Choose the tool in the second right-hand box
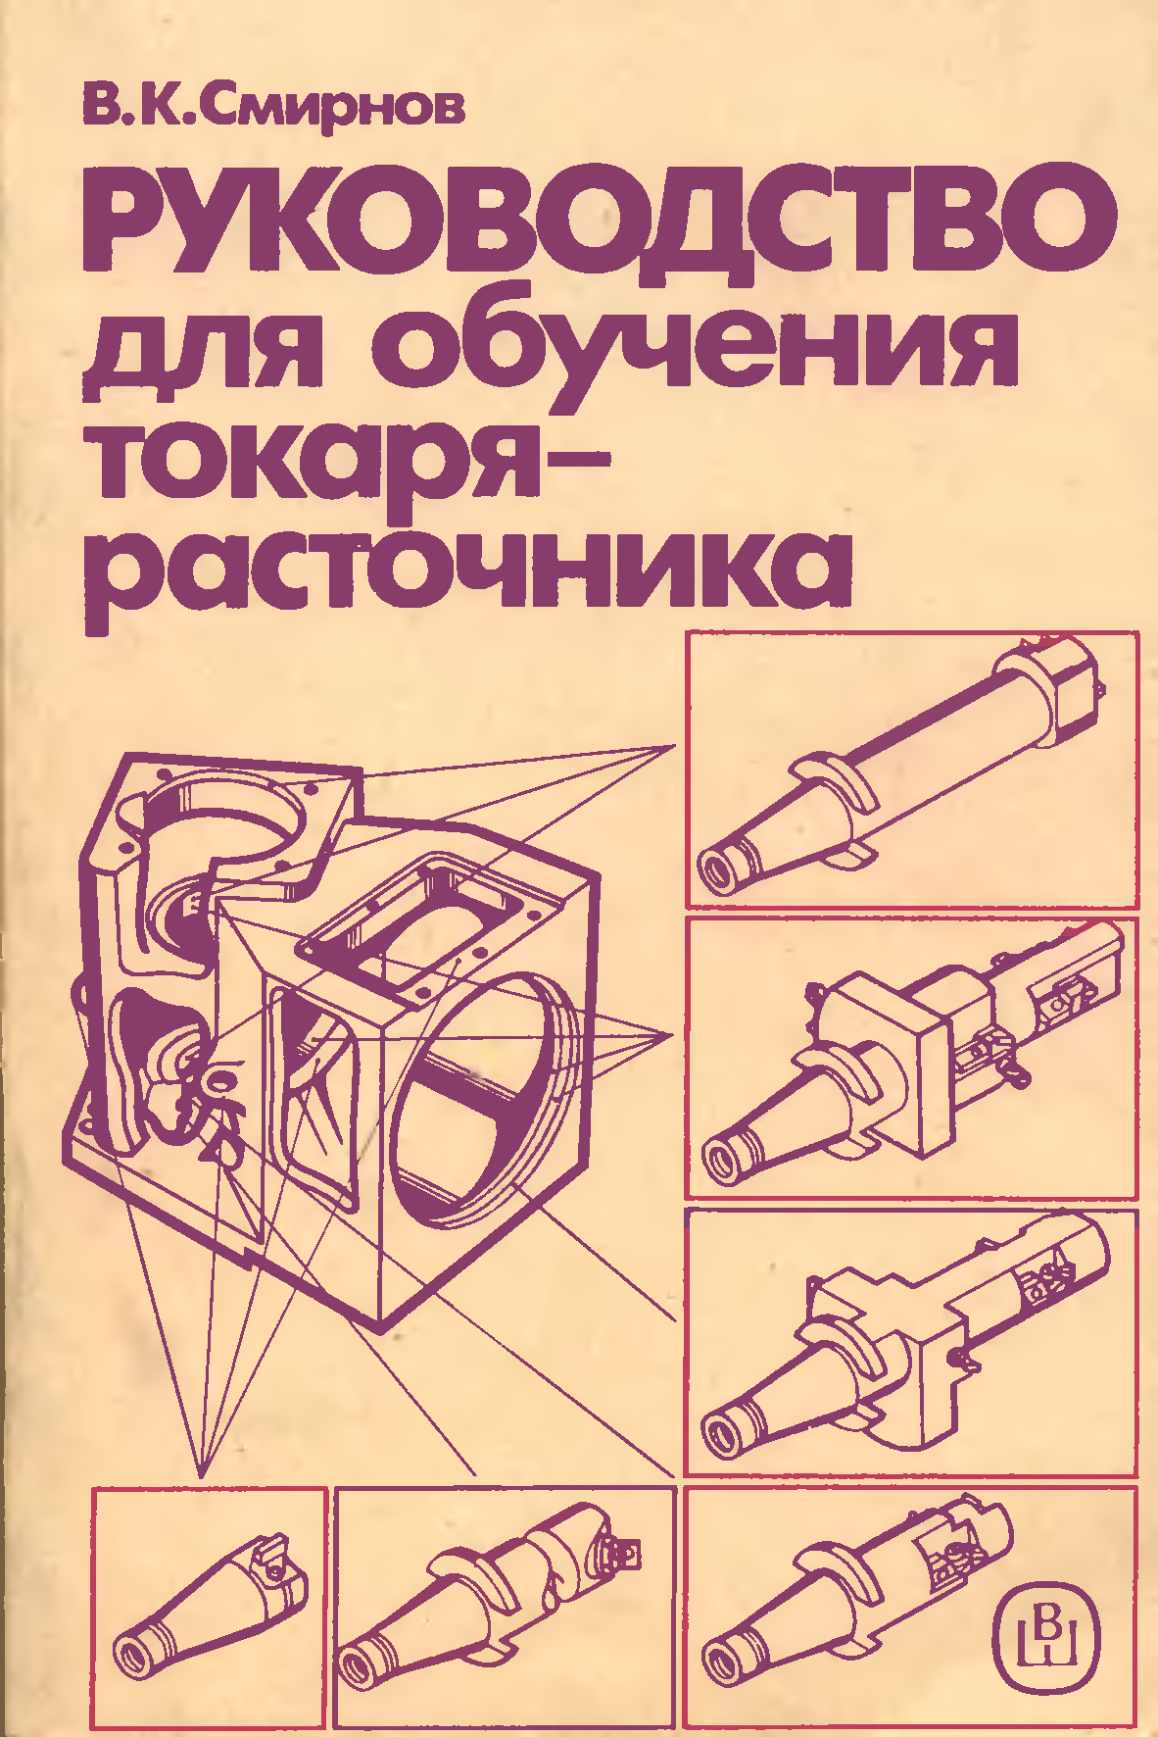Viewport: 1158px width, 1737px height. [911, 1059]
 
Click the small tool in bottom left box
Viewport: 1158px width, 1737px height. [211, 1607]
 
